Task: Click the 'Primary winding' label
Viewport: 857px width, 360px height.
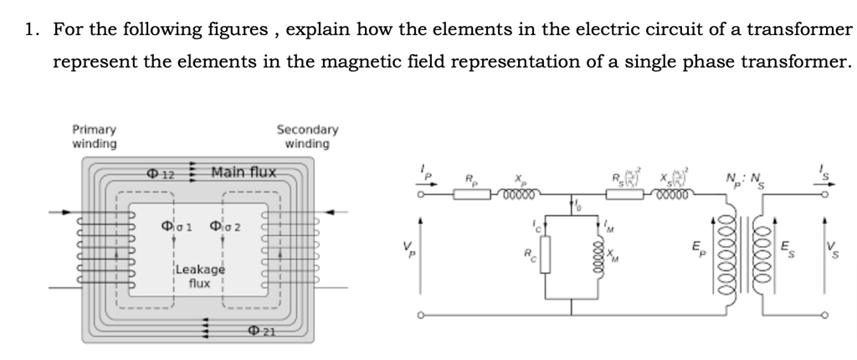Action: click(95, 136)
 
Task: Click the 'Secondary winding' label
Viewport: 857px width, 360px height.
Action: click(307, 136)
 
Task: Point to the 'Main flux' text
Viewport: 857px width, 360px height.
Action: click(243, 173)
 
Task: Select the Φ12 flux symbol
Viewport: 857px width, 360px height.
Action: click(160, 174)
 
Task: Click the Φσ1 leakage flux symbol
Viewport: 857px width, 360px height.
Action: click(177, 227)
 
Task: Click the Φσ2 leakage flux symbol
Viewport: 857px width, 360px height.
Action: click(225, 227)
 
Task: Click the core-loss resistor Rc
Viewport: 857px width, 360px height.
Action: click(545, 253)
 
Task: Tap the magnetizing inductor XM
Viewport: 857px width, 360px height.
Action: click(597, 253)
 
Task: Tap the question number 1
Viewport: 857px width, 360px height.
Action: click(30, 31)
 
